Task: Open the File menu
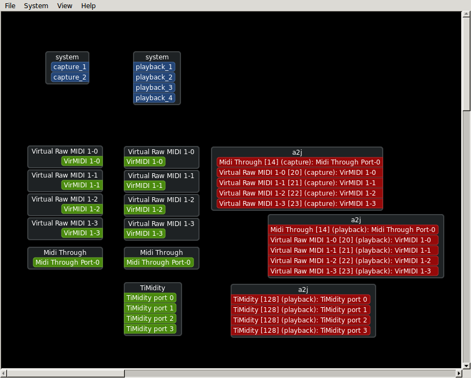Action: coord(10,5)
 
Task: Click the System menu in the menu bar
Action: coord(36,5)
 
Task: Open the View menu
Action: coord(64,5)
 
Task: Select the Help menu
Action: coord(88,5)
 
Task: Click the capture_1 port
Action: coord(70,67)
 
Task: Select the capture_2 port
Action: coord(70,77)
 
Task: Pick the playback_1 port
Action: coord(154,67)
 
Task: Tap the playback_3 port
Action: coord(154,88)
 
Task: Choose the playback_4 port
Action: coord(154,98)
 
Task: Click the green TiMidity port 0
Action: coord(150,298)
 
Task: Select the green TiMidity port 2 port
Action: coord(150,319)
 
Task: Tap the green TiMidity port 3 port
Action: coord(150,329)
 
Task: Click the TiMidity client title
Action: coord(153,288)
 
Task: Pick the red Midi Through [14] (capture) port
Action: coord(300,162)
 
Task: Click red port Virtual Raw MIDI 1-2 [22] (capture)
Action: coord(297,193)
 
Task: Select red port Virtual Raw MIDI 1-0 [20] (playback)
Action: coord(351,240)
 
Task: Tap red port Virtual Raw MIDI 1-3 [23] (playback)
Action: coord(351,271)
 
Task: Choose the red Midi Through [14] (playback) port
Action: coord(353,230)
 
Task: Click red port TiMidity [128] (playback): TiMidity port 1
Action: coord(300,310)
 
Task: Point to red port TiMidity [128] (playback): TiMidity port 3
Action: coord(300,331)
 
